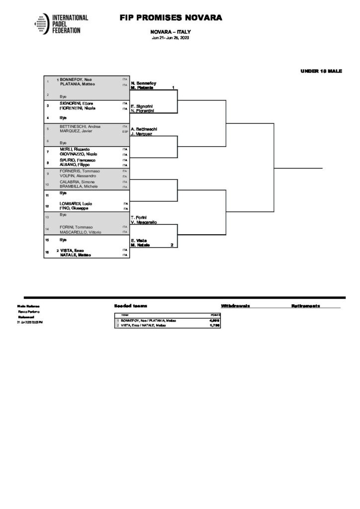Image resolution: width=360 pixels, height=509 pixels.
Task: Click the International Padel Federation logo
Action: click(61, 23)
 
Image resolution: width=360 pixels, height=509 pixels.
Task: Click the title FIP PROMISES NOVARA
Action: click(171, 18)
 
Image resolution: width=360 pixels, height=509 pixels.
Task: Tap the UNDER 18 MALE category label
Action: click(321, 71)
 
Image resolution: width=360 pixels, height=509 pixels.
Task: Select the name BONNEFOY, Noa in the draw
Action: click(76, 80)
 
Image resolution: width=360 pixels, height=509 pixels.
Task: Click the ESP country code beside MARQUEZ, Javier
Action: click(125, 132)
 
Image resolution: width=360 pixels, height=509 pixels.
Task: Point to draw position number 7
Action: click(48, 151)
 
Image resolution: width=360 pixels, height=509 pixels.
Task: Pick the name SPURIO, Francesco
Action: click(75, 160)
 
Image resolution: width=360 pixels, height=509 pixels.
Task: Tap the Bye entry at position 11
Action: click(63, 193)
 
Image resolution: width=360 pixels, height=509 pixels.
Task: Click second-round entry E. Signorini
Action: click(142, 106)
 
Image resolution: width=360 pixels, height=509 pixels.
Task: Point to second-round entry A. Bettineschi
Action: click(144, 129)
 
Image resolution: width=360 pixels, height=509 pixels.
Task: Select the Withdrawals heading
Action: click(235, 306)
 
